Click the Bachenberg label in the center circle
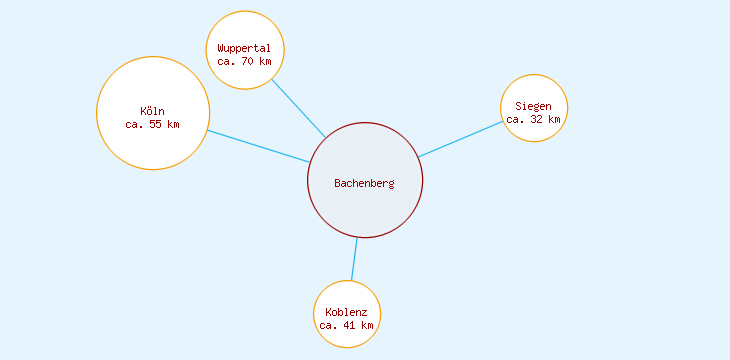tap(364, 183)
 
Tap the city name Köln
tap(153, 111)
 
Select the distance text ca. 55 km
tap(153, 125)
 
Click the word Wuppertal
tap(244, 48)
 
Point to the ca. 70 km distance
tap(244, 61)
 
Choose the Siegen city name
tap(533, 106)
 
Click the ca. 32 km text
tap(533, 119)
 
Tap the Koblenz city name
tap(346, 312)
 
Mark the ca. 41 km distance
tap(346, 325)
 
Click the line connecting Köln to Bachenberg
tap(258, 146)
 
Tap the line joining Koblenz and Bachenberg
tap(354, 259)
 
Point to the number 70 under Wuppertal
tap(247, 61)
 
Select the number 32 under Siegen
tap(537, 119)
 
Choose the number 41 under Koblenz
tap(349, 325)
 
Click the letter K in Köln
tap(143, 111)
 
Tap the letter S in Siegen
tap(518, 106)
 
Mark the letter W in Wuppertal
tap(220, 48)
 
